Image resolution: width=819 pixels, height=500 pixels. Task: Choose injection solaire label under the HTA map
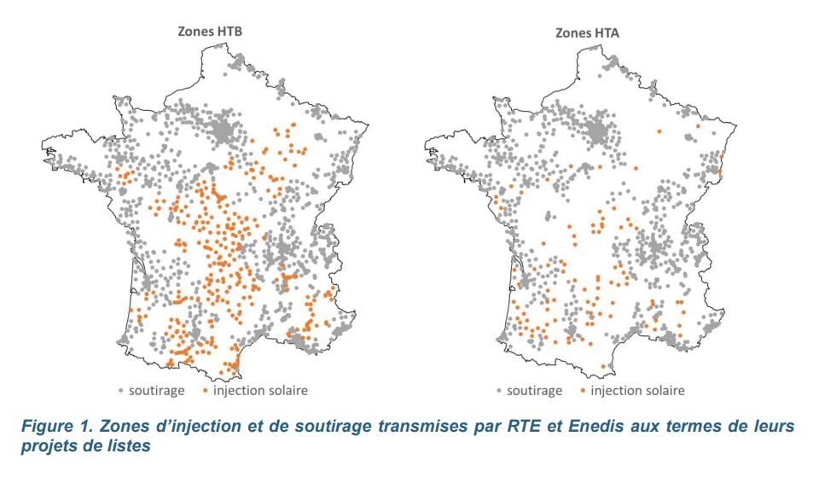[637, 391]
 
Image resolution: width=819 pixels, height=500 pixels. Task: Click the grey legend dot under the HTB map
[121, 392]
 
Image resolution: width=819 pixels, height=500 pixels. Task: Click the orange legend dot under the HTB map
[205, 392]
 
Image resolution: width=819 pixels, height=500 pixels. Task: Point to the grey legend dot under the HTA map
[497, 392]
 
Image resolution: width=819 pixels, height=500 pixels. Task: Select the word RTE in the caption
[516, 426]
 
